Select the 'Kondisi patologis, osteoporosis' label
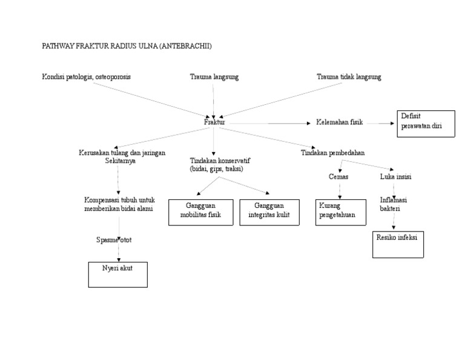[x=86, y=77]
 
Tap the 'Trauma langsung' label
[x=214, y=77]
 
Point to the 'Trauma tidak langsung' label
[x=349, y=77]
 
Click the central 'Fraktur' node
[x=214, y=122]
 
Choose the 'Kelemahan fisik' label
[x=340, y=122]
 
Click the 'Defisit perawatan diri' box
[x=426, y=124]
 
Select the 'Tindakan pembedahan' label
[x=333, y=153]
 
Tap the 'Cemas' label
[x=338, y=176]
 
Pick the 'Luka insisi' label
[x=396, y=176]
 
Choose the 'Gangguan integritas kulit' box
[x=269, y=212]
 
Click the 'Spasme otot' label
[x=114, y=240]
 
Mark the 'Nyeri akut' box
[x=117, y=274]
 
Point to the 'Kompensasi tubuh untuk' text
[x=119, y=200]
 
